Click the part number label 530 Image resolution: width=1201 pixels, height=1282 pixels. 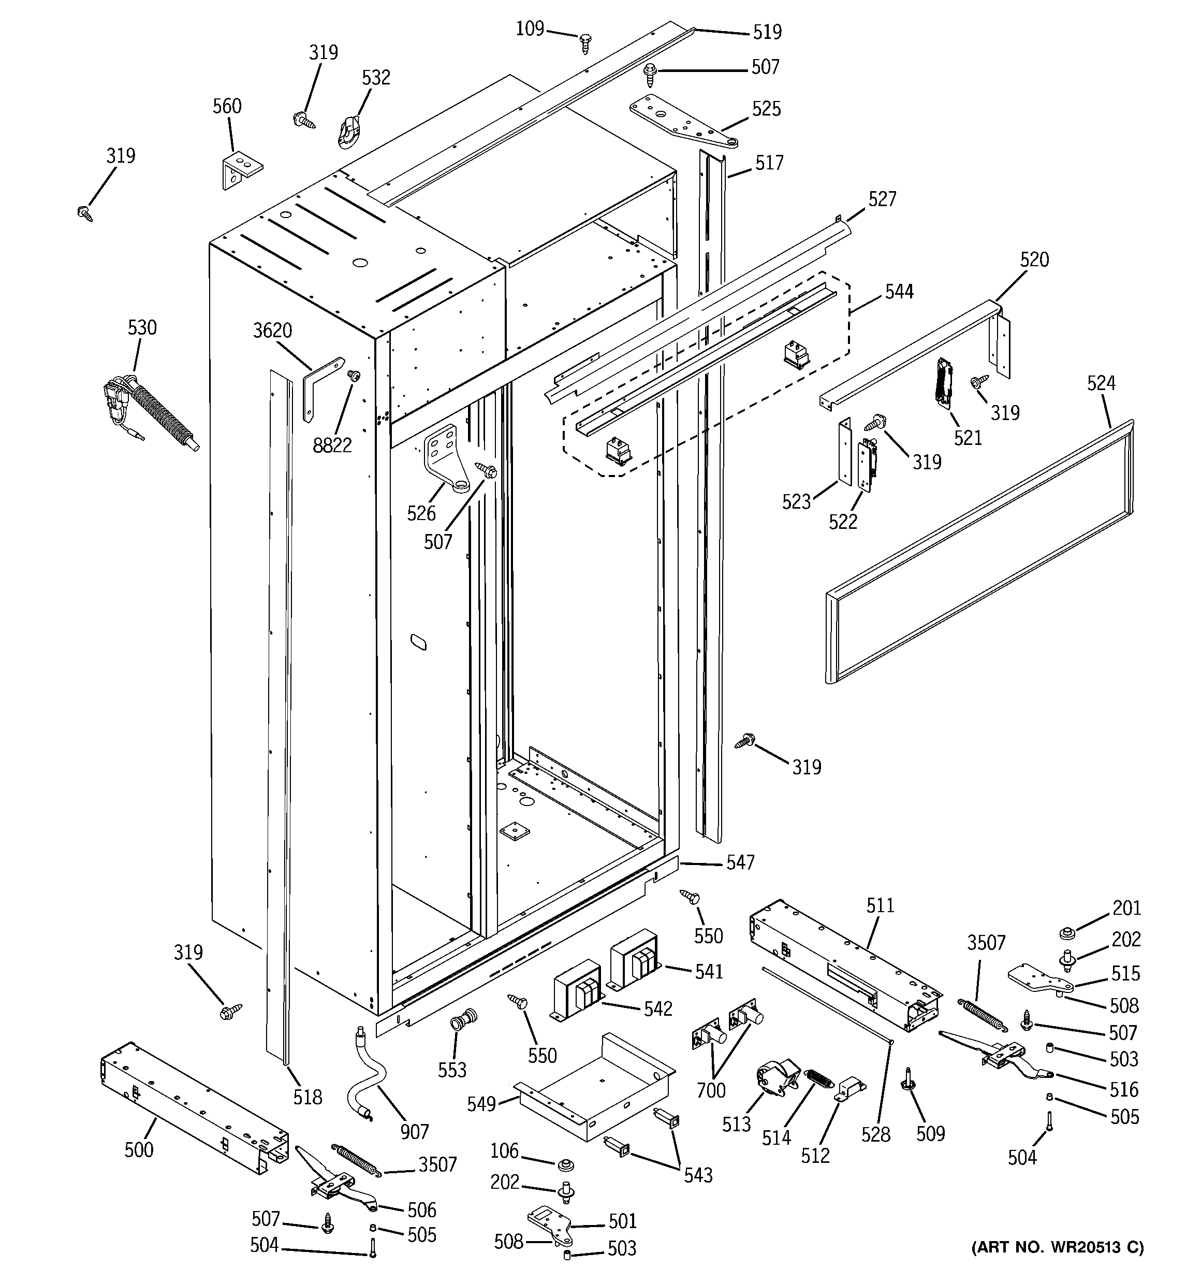[x=142, y=327]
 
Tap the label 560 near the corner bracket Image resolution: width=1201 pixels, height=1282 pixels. [x=227, y=106]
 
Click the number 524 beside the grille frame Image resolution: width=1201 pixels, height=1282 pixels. [x=1101, y=383]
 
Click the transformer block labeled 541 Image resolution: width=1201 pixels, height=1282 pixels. [x=636, y=961]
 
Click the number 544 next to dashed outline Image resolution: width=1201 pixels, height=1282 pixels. [x=899, y=292]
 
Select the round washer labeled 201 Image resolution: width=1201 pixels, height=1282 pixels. [x=1067, y=933]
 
